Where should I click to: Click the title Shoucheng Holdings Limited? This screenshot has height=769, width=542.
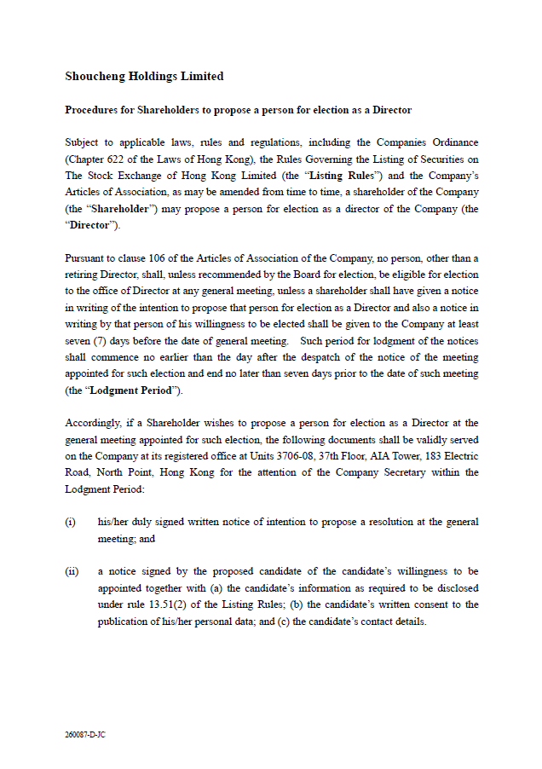pyautogui.click(x=144, y=77)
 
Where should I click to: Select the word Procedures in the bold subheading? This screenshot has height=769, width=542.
pyautogui.click(x=91, y=111)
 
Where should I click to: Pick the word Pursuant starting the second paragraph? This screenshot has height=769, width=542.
pyautogui.click(x=86, y=258)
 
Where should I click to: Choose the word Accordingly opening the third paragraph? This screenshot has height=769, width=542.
pyautogui.click(x=96, y=423)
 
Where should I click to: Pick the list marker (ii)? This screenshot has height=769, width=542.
pyautogui.click(x=72, y=571)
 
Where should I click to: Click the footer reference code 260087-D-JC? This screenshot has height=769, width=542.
pyautogui.click(x=85, y=734)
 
